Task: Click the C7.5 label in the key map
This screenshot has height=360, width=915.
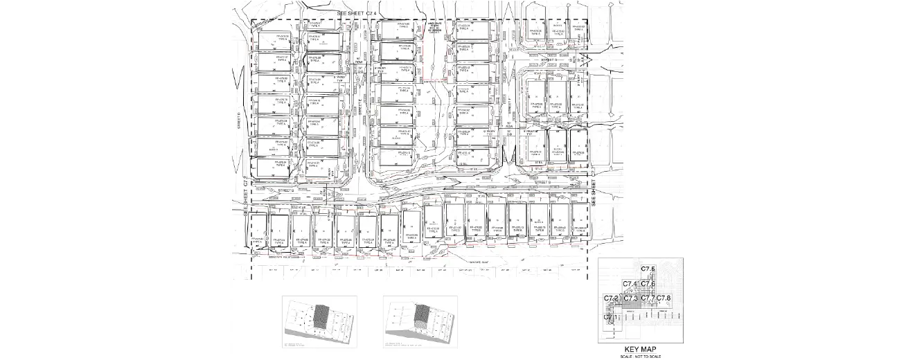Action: point(648,269)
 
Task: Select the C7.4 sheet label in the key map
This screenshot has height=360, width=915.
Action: point(630,284)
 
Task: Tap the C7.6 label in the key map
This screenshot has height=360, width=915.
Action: point(648,284)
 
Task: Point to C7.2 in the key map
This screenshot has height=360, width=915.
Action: point(611,298)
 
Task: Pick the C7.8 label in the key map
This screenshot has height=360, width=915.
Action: point(664,298)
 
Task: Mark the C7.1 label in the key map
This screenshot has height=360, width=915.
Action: point(610,317)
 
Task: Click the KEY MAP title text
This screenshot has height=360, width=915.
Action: point(640,350)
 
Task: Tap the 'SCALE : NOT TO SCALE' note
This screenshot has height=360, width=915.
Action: point(641,357)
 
